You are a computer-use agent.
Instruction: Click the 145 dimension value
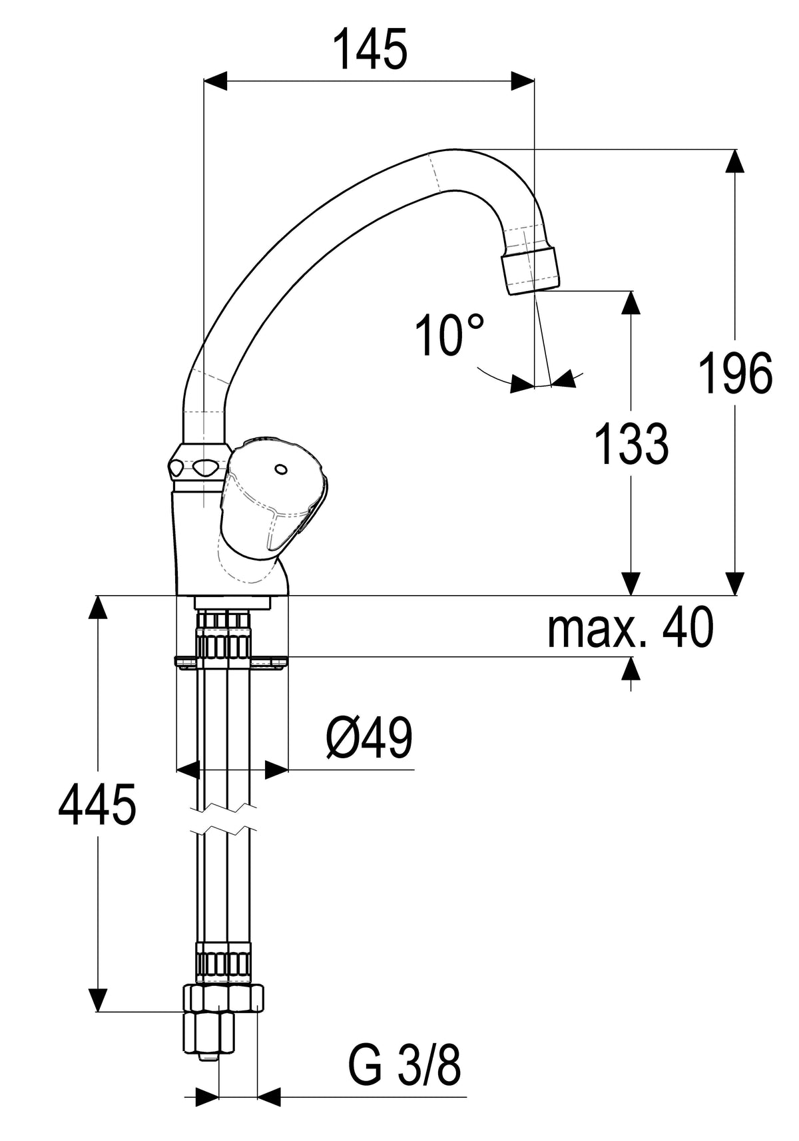[x=370, y=49]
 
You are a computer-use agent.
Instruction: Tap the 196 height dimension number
[x=735, y=373]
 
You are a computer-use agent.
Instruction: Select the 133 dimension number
[x=632, y=443]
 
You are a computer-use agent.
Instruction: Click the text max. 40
[x=631, y=628]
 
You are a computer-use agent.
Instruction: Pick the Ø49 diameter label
[x=370, y=738]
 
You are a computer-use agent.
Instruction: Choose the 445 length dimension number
[x=97, y=804]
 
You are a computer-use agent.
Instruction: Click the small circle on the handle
[x=280, y=468]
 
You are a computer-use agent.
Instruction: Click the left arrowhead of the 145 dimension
[x=214, y=81]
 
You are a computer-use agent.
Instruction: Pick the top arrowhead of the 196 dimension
[x=734, y=161]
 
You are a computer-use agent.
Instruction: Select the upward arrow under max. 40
[x=631, y=674]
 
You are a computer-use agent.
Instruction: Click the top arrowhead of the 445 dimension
[x=97, y=607]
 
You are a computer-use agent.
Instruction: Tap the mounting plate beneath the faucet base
[x=231, y=661]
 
